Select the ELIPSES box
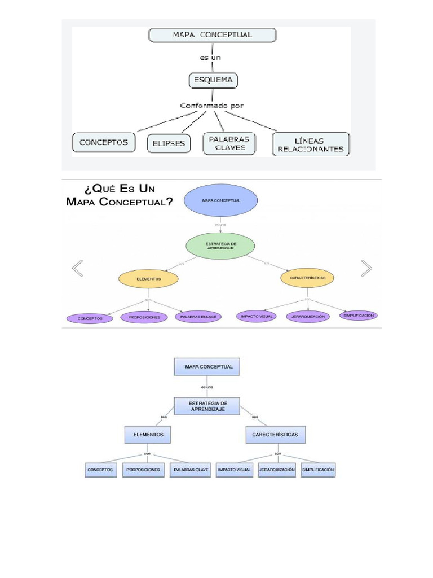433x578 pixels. (x=169, y=143)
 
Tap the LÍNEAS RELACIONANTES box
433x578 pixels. (x=311, y=144)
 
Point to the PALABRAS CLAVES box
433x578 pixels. (x=229, y=143)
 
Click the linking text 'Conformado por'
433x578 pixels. (x=211, y=105)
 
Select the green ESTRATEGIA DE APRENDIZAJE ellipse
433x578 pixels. (x=220, y=246)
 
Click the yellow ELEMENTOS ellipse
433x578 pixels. (x=148, y=279)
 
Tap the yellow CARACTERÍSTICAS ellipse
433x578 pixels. (x=307, y=278)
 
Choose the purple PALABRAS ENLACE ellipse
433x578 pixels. (x=198, y=317)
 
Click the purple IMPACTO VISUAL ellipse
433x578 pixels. (x=257, y=317)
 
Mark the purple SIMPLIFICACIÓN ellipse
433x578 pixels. (x=359, y=316)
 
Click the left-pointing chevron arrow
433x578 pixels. (x=78, y=268)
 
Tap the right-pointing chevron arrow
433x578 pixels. (x=366, y=268)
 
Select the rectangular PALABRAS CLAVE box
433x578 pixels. (x=191, y=470)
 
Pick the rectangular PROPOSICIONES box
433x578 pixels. (x=143, y=470)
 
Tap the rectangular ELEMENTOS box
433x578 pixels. (x=147, y=435)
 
